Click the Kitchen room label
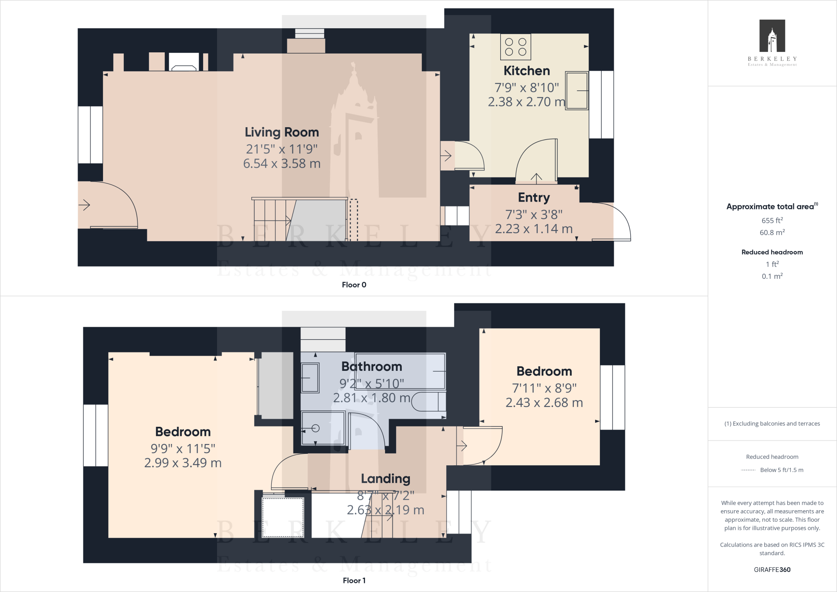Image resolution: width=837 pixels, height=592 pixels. pyautogui.click(x=526, y=71)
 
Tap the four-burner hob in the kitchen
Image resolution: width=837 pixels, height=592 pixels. pyautogui.click(x=515, y=47)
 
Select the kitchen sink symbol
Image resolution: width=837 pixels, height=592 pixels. pyautogui.click(x=577, y=91)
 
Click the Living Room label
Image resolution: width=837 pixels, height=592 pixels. pyautogui.click(x=282, y=132)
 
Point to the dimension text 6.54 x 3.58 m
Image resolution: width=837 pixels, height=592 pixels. pyautogui.click(x=282, y=164)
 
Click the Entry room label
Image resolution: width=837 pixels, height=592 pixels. pyautogui.click(x=534, y=197)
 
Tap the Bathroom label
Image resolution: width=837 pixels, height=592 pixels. pyautogui.click(x=372, y=366)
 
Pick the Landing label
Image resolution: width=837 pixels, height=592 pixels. pyautogui.click(x=385, y=478)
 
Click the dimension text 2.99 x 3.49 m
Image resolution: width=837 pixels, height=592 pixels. pyautogui.click(x=183, y=463)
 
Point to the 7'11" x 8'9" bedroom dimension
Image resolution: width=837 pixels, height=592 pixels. pyautogui.click(x=544, y=388)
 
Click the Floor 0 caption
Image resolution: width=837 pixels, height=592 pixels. pyautogui.click(x=354, y=285)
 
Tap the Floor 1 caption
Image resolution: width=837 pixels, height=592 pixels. pyautogui.click(x=354, y=581)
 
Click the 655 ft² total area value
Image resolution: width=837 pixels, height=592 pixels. pyautogui.click(x=772, y=220)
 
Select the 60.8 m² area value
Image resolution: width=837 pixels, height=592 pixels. pyautogui.click(x=772, y=233)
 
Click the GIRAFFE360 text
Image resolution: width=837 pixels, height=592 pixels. pyautogui.click(x=772, y=570)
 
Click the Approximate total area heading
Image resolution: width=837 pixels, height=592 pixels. pyautogui.click(x=770, y=206)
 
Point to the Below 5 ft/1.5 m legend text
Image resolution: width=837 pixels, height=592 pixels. pyautogui.click(x=781, y=470)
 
